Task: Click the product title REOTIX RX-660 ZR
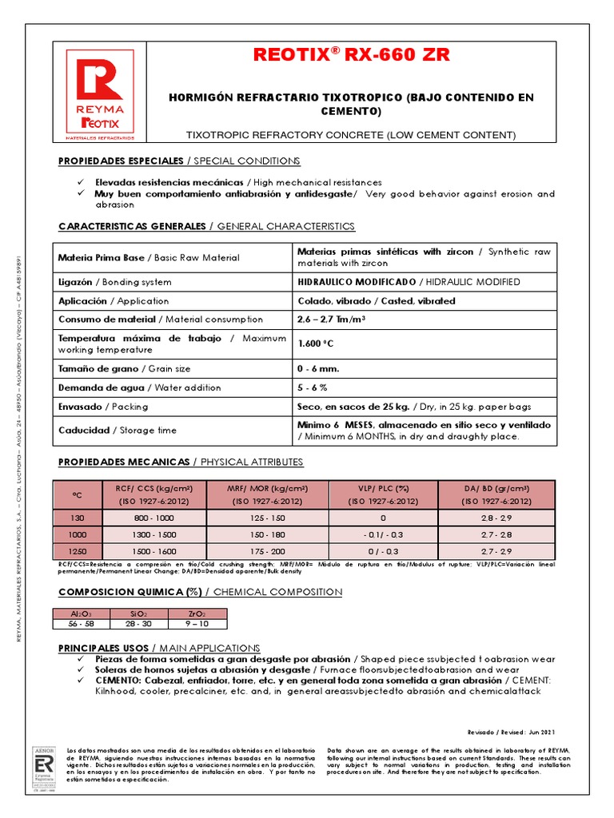(351, 55)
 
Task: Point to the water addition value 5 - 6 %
(313, 387)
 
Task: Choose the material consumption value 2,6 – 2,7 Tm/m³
(332, 320)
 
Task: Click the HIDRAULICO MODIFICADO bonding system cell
(357, 282)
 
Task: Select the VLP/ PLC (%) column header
(384, 494)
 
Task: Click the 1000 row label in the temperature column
(77, 534)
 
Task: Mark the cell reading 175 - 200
(266, 550)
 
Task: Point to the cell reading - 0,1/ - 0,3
(384, 534)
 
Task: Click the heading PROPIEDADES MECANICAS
(124, 462)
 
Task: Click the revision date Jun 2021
(540, 732)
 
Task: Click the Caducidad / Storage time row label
(118, 431)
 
